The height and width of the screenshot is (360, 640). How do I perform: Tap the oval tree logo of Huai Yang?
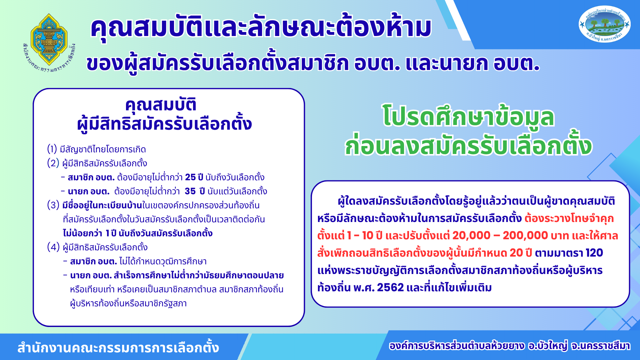605,24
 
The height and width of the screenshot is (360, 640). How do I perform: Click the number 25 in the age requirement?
190,177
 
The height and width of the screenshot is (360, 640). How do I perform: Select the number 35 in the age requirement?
190,191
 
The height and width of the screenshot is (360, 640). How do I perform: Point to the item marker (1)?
52,149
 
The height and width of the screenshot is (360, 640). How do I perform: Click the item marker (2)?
53,163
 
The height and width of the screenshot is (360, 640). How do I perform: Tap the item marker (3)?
53,205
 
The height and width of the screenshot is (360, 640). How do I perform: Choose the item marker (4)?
53,247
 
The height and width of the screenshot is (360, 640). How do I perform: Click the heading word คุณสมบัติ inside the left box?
161,105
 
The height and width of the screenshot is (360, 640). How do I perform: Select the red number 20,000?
471,236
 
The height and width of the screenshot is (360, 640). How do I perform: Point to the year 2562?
390,287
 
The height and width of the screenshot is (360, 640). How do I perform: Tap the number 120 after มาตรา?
594,253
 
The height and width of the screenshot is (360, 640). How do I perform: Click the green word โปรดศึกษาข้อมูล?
468,117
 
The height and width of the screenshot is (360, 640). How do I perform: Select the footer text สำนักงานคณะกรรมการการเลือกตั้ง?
118,348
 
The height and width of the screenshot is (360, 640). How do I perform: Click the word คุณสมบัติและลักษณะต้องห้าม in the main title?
261,27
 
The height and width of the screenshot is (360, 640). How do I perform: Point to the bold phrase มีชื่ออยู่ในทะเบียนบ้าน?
102,205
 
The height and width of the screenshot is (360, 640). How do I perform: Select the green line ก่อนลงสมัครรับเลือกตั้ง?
468,145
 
